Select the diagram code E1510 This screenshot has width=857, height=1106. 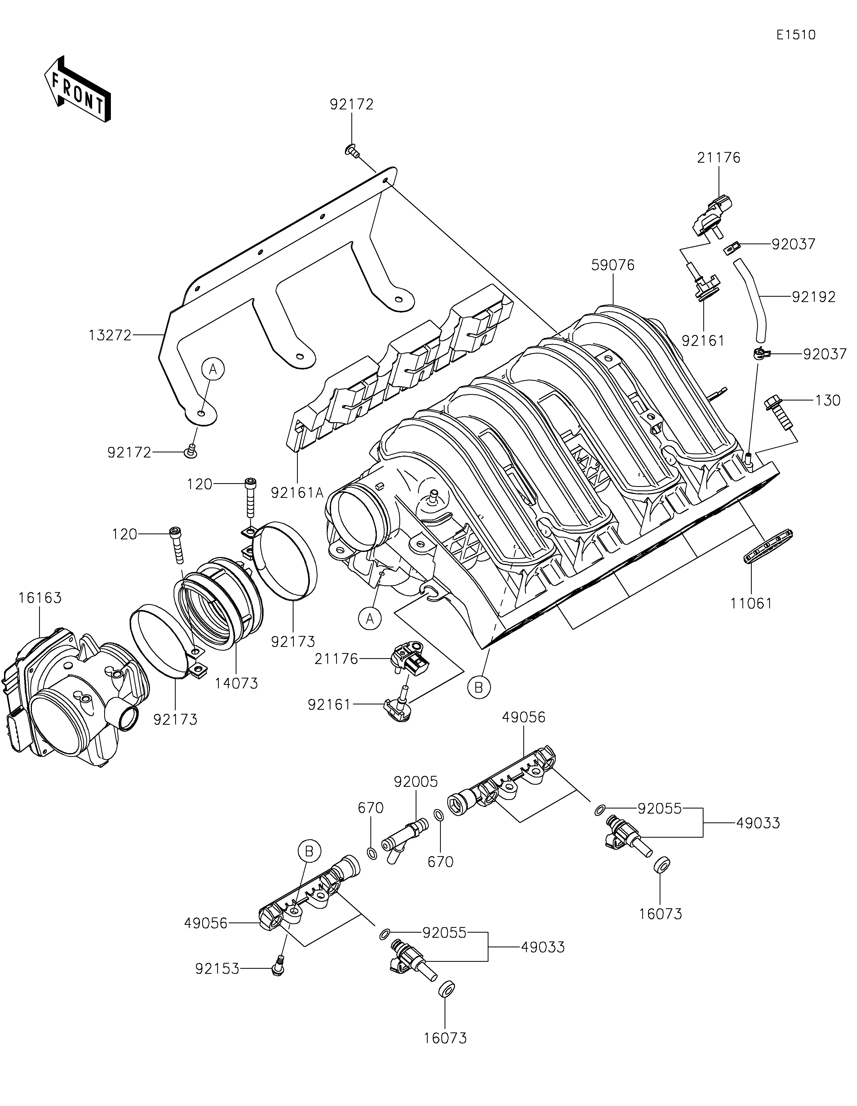click(x=796, y=35)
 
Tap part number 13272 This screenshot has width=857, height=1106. click(x=110, y=335)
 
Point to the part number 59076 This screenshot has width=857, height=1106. click(x=613, y=265)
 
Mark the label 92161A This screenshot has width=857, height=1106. click(x=297, y=492)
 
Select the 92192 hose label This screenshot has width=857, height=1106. click(x=814, y=297)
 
